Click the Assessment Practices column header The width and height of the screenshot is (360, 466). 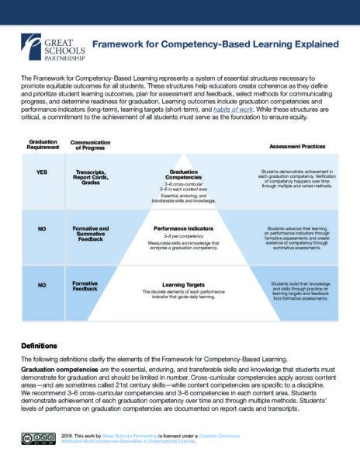(297, 146)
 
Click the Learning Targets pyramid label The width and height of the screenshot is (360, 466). (179, 284)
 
